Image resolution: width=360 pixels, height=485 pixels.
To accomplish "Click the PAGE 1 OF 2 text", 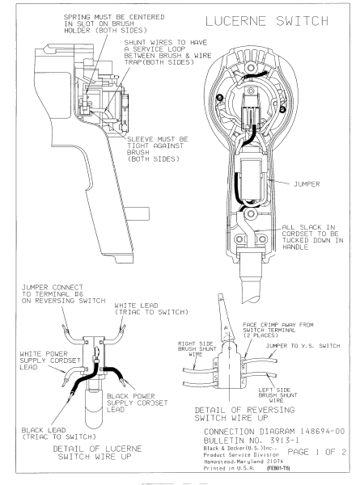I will click(314, 458).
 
